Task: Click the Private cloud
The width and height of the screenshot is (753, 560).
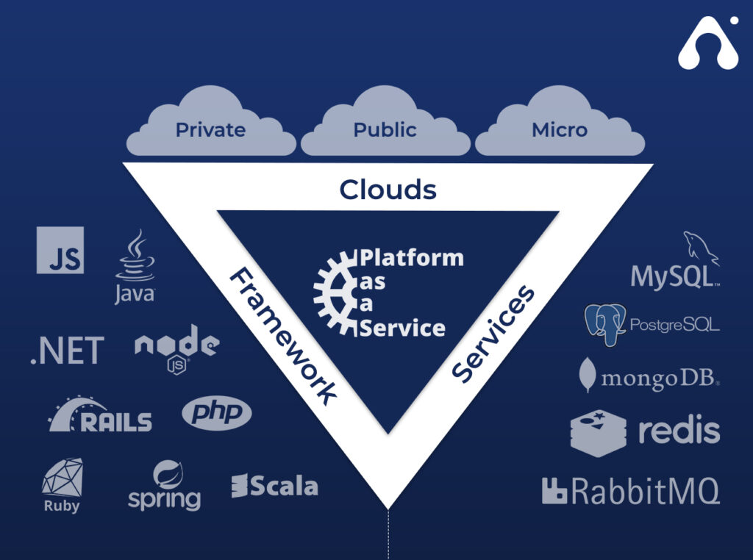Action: pos(210,125)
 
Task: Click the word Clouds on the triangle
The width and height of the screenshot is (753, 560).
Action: pos(388,190)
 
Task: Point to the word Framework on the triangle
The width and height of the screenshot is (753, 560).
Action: pos(282,335)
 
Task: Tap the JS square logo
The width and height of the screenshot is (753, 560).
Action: pos(60,251)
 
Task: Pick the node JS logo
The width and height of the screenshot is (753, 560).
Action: pos(176,346)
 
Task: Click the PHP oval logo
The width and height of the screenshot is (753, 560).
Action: pos(216,414)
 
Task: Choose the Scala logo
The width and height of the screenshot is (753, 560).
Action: pos(274,486)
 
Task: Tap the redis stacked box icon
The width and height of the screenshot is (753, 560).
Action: pos(598,433)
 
